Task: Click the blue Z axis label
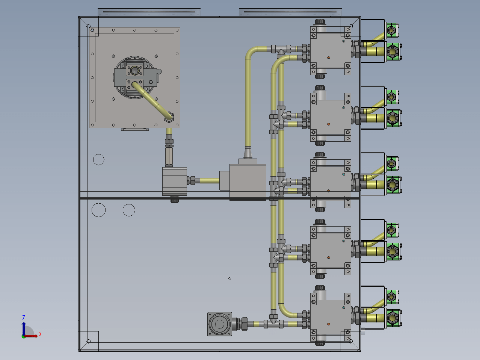coord(24,318)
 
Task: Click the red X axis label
coord(40,334)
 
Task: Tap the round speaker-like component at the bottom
coord(220,324)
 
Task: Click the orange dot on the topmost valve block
coord(329,58)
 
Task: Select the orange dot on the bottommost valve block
coord(329,324)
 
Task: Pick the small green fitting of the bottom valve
coord(392,297)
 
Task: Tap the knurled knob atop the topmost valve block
coord(320,21)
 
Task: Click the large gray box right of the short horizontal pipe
coord(248,182)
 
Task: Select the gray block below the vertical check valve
coord(175,181)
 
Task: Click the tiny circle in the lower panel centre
coord(229,278)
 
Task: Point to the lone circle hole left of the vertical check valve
coord(99,160)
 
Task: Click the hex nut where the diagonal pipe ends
coord(169,117)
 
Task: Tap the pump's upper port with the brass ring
coord(134,70)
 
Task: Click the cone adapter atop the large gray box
coord(248,153)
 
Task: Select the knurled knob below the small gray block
coord(174,199)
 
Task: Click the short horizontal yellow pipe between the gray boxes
coord(210,181)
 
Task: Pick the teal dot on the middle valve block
coord(344,174)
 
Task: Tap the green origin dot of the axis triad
coord(23,336)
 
